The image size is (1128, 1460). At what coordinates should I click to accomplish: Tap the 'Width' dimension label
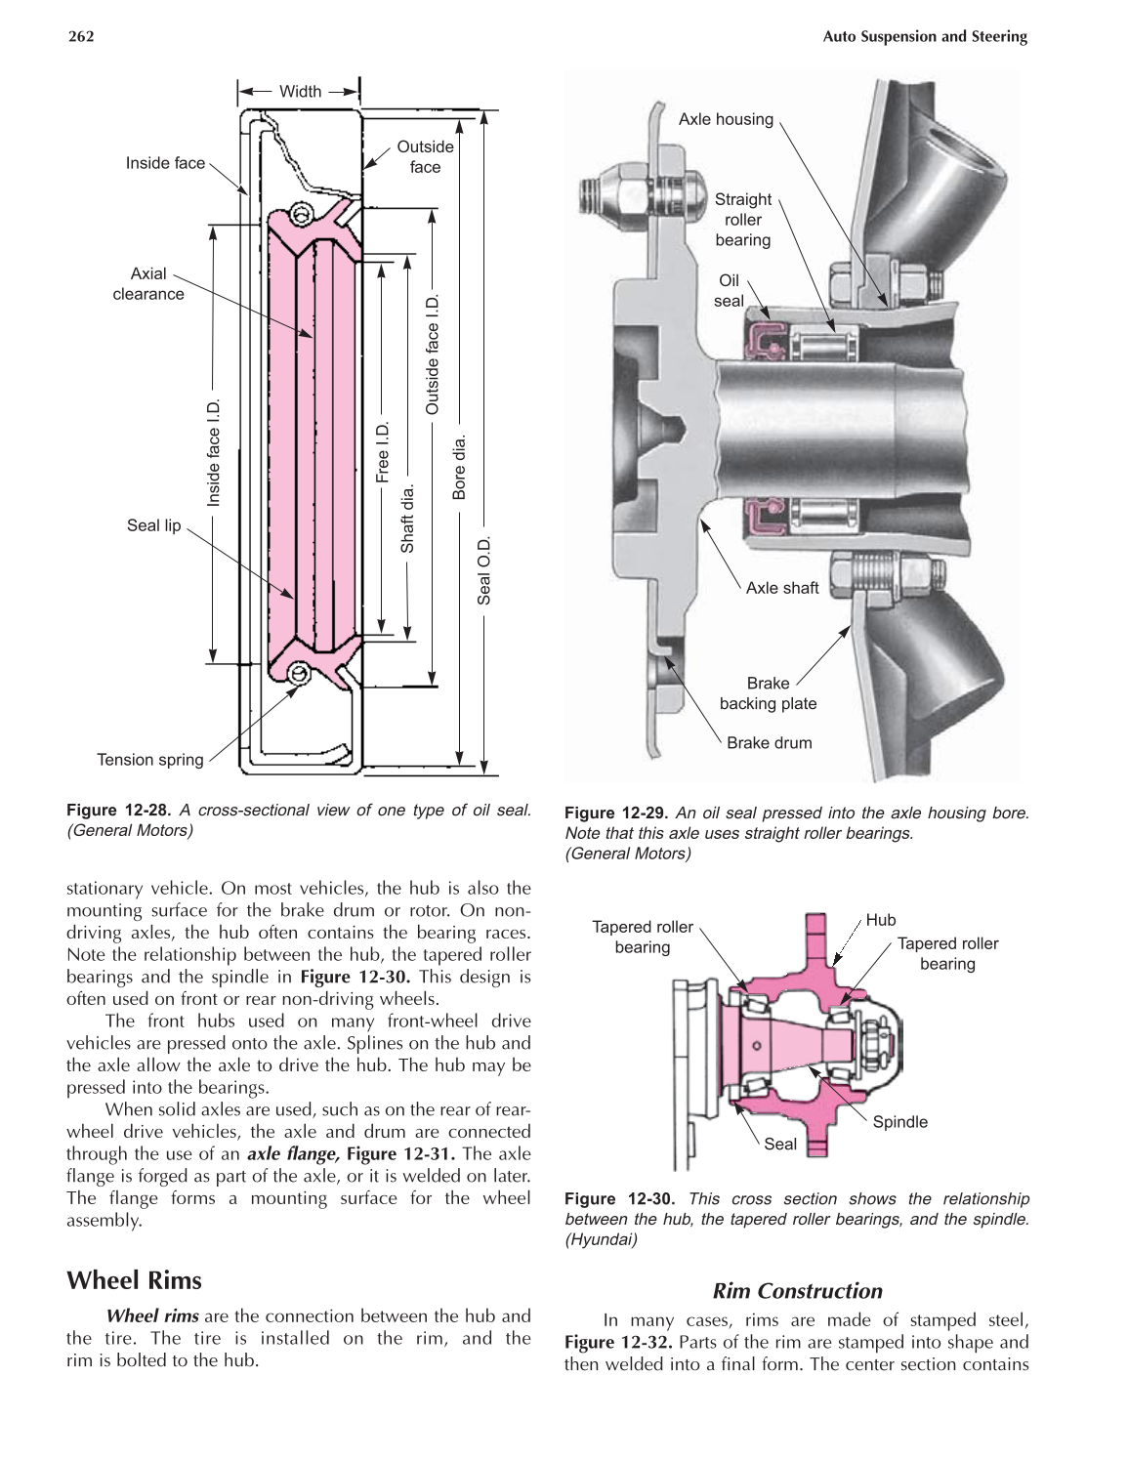point(300,92)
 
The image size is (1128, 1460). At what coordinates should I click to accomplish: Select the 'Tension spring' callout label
point(150,760)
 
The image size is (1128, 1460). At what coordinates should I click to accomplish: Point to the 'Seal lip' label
point(154,526)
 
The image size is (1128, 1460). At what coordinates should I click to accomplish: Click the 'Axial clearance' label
point(148,284)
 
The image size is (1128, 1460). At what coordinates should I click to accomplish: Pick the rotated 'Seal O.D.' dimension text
point(484,569)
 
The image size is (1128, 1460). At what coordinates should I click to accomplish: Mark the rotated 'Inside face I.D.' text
point(215,453)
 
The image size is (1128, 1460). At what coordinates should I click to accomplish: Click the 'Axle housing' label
point(726,120)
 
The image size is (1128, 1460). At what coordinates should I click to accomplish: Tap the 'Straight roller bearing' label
point(743,220)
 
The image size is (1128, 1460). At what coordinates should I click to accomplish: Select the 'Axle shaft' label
point(782,588)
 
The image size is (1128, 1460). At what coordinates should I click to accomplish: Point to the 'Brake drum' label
point(769,743)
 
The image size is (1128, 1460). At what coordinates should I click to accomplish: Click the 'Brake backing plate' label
point(769,693)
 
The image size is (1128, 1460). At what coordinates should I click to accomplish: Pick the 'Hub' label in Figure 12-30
point(881,920)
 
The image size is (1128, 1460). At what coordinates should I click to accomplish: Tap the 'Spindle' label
point(899,1122)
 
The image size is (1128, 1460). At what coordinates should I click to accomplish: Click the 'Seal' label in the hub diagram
point(780,1144)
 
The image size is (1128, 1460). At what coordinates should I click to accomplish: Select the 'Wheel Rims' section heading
point(133,1280)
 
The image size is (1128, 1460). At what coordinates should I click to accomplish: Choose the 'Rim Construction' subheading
point(797,1291)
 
